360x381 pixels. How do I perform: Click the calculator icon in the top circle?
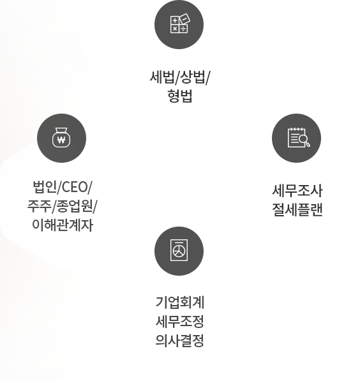[180, 24]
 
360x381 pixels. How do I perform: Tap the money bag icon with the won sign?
[61, 137]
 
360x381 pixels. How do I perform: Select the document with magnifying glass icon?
[299, 137]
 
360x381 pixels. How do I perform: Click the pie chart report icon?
[179, 250]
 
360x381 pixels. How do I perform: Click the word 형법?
[180, 96]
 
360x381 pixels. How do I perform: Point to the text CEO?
[75, 187]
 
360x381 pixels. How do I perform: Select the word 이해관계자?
[63, 225]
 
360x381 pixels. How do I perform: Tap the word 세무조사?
[297, 191]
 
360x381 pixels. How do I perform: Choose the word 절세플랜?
[297, 210]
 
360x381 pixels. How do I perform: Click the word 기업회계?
[180, 303]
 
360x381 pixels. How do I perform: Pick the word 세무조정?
[180, 321]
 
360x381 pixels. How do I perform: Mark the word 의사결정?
[180, 340]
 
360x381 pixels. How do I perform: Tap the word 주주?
[40, 206]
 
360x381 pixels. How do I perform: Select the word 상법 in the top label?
[193, 77]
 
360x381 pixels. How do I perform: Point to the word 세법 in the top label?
[162, 77]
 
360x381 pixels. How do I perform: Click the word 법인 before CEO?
[45, 187]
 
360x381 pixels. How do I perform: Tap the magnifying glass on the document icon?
[304, 140]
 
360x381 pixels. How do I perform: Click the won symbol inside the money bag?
[61, 140]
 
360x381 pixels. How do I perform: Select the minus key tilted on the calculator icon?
[185, 19]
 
